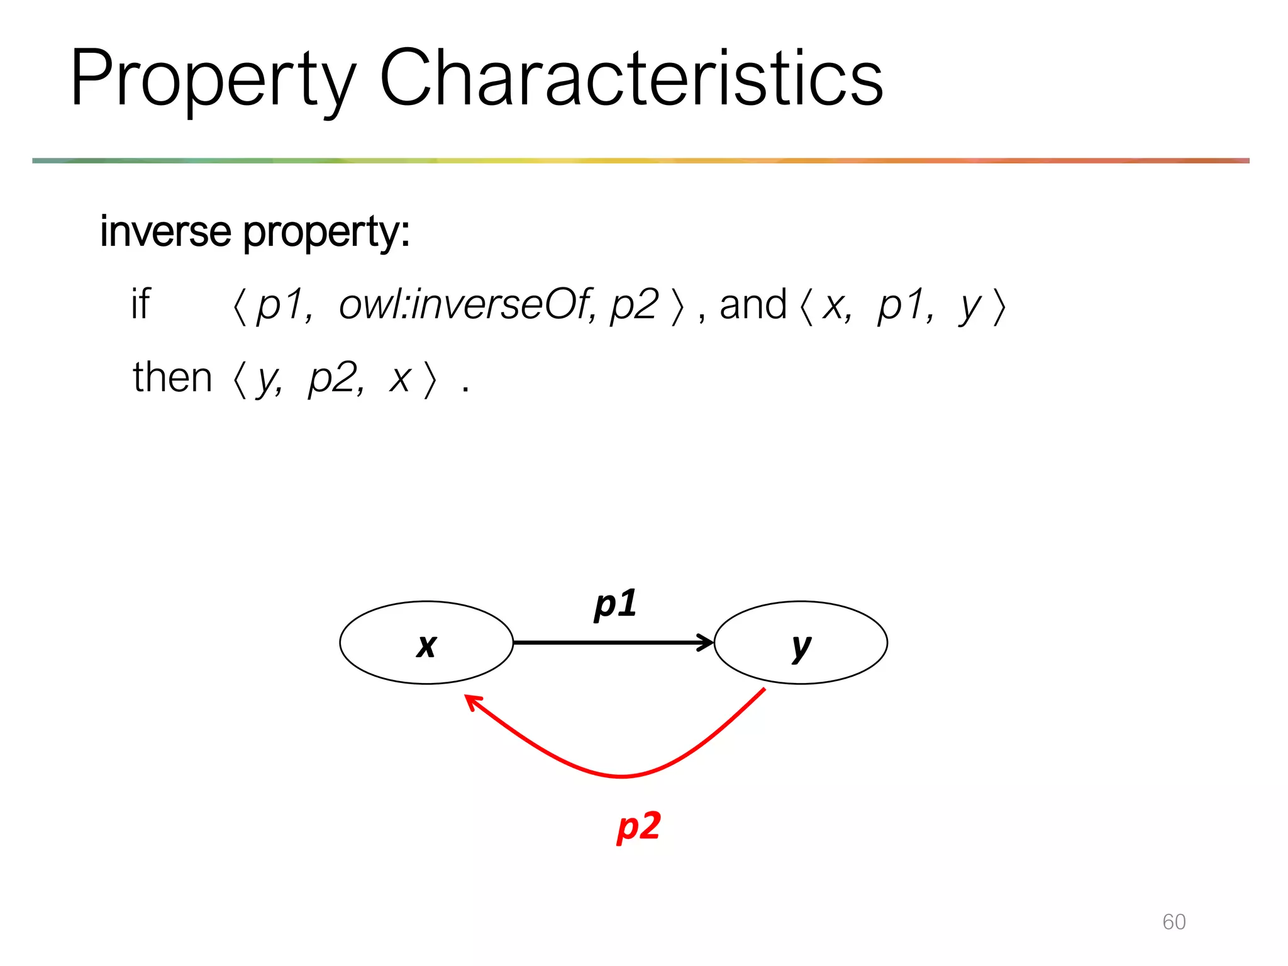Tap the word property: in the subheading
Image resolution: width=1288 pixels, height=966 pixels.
click(326, 233)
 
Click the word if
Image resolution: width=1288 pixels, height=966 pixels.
click(141, 304)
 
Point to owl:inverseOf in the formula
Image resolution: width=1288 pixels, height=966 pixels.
click(465, 304)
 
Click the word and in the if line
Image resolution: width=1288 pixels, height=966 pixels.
click(753, 304)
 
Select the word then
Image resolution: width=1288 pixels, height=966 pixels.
click(172, 377)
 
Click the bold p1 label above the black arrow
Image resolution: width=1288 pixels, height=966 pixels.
click(615, 604)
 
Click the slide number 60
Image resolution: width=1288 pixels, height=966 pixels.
click(1174, 922)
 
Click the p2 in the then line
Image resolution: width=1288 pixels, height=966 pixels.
click(336, 379)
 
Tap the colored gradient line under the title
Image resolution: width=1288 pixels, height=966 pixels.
click(640, 161)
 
